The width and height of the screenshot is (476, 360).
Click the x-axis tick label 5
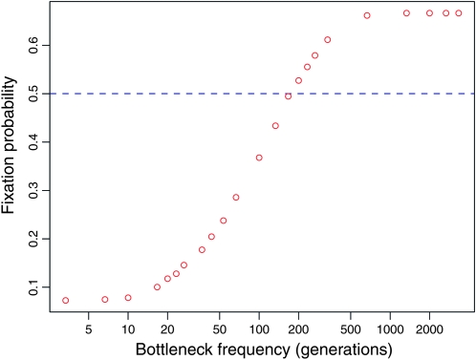(88, 328)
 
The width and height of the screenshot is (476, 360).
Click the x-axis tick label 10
(128, 328)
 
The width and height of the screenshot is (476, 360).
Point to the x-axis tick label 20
(167, 328)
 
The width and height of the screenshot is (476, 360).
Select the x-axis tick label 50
(220, 328)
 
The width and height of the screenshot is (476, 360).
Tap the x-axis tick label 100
(259, 328)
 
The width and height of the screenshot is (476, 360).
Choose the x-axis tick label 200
(298, 328)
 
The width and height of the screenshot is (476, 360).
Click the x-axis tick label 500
(351, 328)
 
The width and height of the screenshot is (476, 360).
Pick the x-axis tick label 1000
(390, 328)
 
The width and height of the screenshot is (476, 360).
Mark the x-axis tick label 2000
(430, 328)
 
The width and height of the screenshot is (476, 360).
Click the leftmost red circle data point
(66, 300)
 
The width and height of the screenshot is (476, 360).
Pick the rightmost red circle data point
(458, 13)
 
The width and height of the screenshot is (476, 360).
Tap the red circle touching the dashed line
(288, 95)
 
